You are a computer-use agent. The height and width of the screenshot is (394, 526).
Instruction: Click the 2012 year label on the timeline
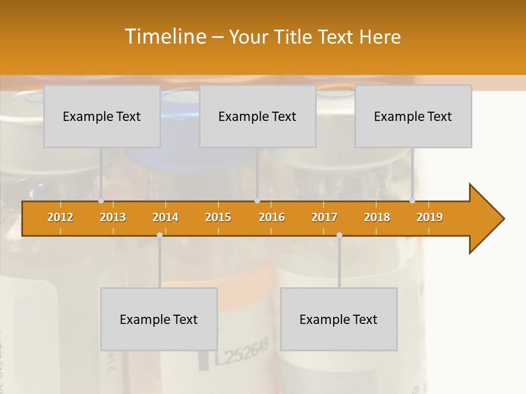click(x=60, y=217)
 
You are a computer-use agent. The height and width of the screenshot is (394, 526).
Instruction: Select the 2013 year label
click(x=113, y=217)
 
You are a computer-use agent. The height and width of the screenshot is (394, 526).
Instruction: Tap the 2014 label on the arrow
click(x=165, y=217)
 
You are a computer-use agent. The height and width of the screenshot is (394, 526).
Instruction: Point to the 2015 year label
click(x=218, y=217)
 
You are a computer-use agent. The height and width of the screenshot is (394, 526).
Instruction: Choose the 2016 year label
click(x=272, y=217)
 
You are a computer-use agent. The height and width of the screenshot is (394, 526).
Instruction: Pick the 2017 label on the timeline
click(x=324, y=217)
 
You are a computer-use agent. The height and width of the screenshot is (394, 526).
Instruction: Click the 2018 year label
click(x=377, y=217)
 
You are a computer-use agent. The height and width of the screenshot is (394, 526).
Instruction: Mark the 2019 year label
click(x=430, y=217)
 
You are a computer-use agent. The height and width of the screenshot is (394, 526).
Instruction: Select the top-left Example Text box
click(x=102, y=116)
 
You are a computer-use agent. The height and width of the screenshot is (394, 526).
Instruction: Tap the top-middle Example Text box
click(x=258, y=116)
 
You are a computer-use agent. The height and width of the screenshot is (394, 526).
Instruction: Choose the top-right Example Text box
click(x=413, y=116)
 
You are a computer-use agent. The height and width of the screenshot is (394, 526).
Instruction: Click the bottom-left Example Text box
click(x=159, y=319)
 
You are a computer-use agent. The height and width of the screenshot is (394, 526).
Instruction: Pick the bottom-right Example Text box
click(x=339, y=319)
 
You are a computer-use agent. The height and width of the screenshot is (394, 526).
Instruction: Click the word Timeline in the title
click(x=165, y=37)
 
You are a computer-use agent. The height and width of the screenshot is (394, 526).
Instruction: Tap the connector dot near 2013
click(x=101, y=201)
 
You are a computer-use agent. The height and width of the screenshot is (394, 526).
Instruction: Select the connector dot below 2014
click(x=159, y=235)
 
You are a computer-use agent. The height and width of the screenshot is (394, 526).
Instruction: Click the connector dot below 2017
click(x=339, y=235)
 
